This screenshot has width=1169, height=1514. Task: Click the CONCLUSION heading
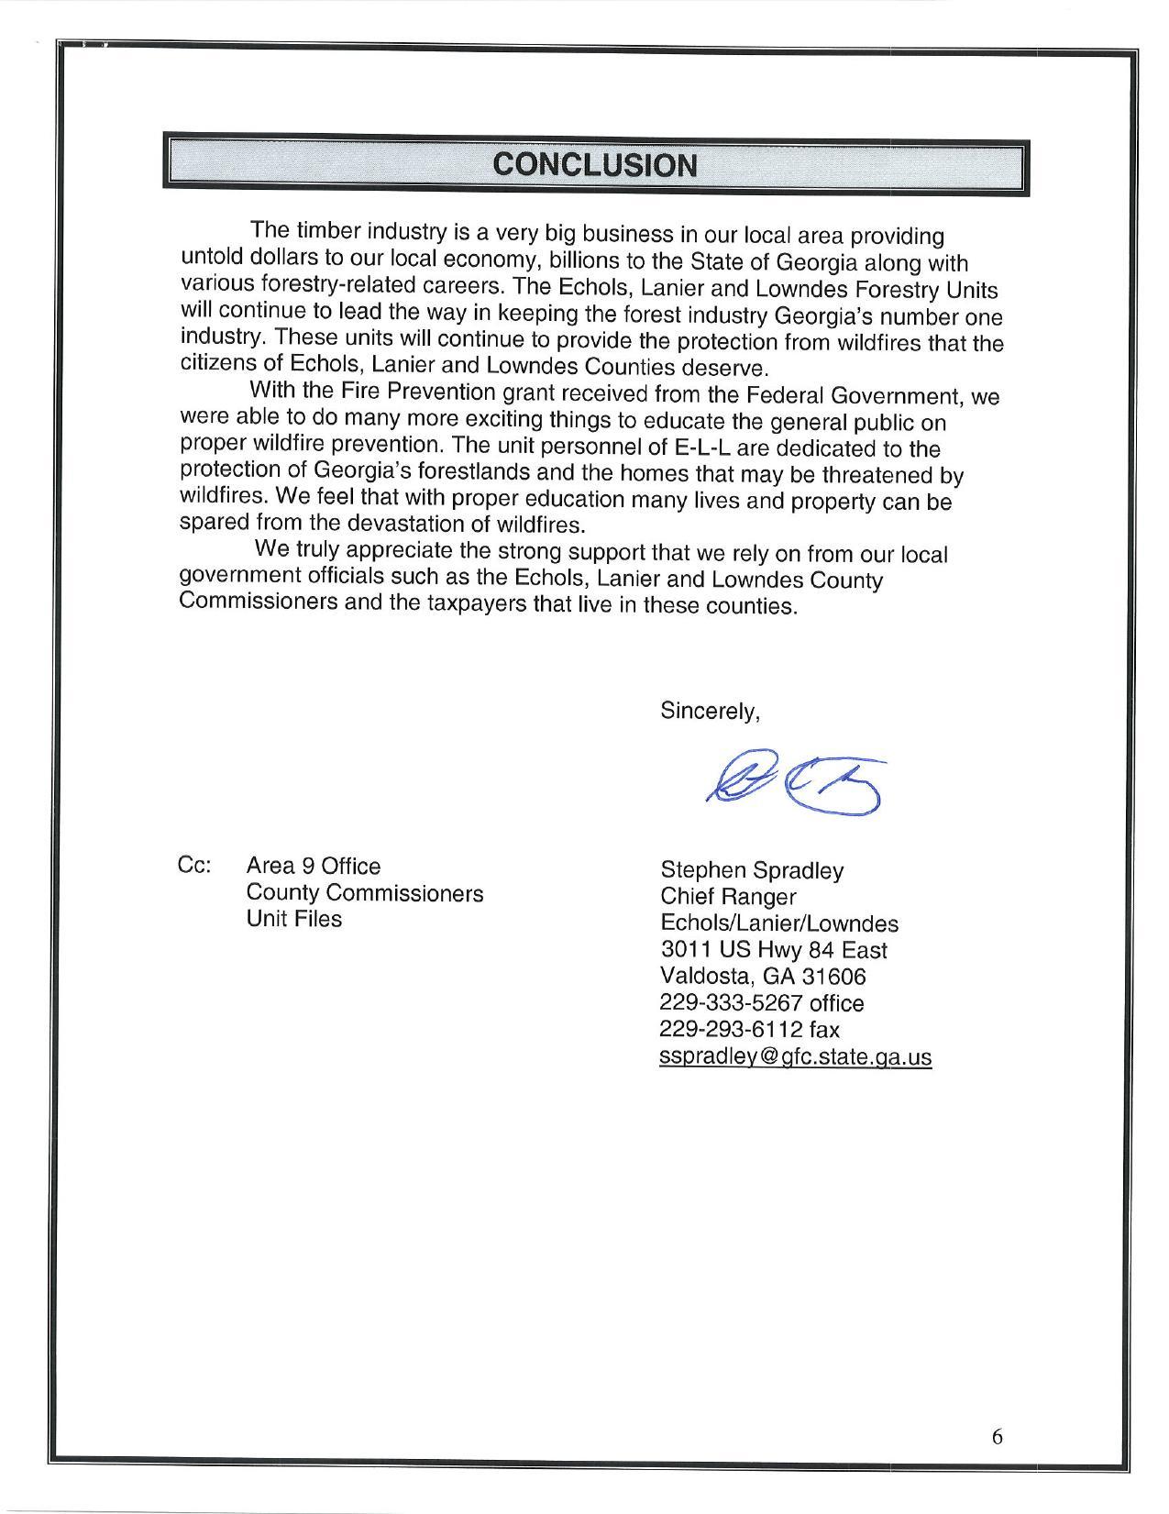click(x=595, y=165)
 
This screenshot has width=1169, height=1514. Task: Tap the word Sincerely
click(x=710, y=711)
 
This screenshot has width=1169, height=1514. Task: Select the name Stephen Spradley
click(x=752, y=869)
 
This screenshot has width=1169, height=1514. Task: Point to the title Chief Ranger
click(x=728, y=896)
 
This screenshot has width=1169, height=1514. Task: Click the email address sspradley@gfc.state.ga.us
click(x=795, y=1056)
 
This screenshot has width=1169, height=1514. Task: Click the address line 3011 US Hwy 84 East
click(x=773, y=950)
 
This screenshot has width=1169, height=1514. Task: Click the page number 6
click(x=997, y=1437)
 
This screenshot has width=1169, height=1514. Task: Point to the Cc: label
click(x=194, y=866)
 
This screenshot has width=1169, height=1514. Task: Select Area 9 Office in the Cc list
click(x=313, y=866)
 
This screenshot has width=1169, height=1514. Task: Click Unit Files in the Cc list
click(x=293, y=918)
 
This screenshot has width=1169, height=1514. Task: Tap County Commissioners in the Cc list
click(x=364, y=892)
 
